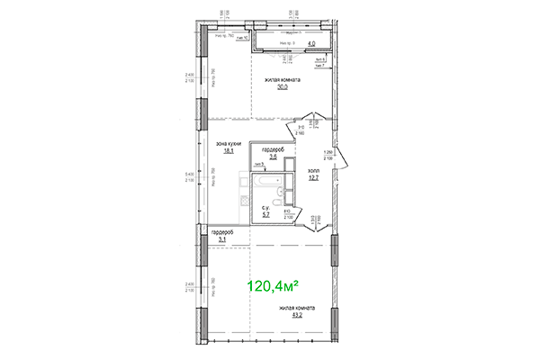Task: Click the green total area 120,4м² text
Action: (x=273, y=286)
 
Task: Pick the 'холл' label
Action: (x=313, y=168)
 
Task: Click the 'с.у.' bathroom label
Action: (x=266, y=208)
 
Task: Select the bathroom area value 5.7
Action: (x=266, y=215)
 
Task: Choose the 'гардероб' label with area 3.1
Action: (x=221, y=233)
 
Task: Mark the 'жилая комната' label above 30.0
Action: (x=282, y=80)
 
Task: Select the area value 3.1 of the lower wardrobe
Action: (x=221, y=240)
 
